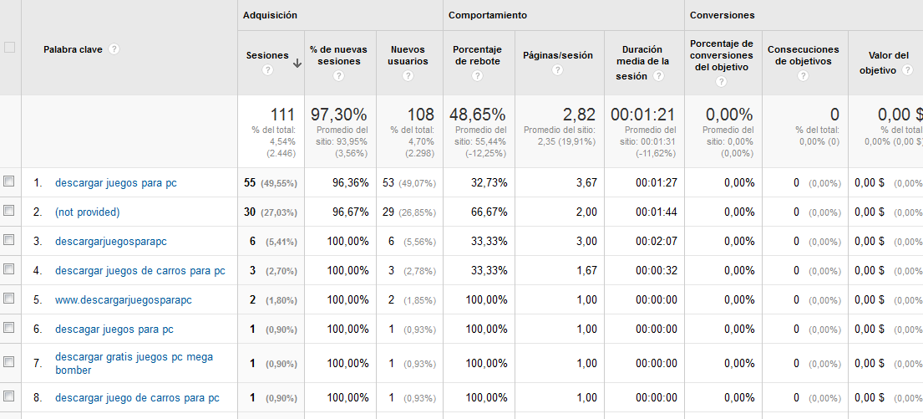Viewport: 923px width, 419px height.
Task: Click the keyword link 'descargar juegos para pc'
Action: (116, 182)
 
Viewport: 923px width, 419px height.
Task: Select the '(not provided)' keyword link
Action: (88, 212)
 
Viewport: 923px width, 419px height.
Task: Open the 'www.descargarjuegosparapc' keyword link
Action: (124, 300)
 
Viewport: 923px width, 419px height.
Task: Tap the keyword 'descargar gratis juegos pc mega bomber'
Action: (134, 363)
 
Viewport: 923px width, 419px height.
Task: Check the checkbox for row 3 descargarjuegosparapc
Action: (9, 240)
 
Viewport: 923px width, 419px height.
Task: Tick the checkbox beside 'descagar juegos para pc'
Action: (9, 328)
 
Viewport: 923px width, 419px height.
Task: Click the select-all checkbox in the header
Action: (10, 48)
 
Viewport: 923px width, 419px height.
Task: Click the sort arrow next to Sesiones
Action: (297, 63)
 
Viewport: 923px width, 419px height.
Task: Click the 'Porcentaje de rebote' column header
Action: (478, 55)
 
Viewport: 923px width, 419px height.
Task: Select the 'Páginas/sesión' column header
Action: (557, 56)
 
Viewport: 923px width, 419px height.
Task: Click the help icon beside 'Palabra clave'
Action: (114, 49)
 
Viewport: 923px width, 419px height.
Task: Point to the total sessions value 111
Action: (283, 115)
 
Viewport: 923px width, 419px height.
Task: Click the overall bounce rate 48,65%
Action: (477, 115)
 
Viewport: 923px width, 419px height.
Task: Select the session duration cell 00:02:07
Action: (657, 242)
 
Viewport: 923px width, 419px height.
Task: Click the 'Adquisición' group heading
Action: (270, 15)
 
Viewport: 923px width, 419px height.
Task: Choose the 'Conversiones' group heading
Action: (722, 15)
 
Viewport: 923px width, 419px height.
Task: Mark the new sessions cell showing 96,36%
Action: (350, 183)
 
